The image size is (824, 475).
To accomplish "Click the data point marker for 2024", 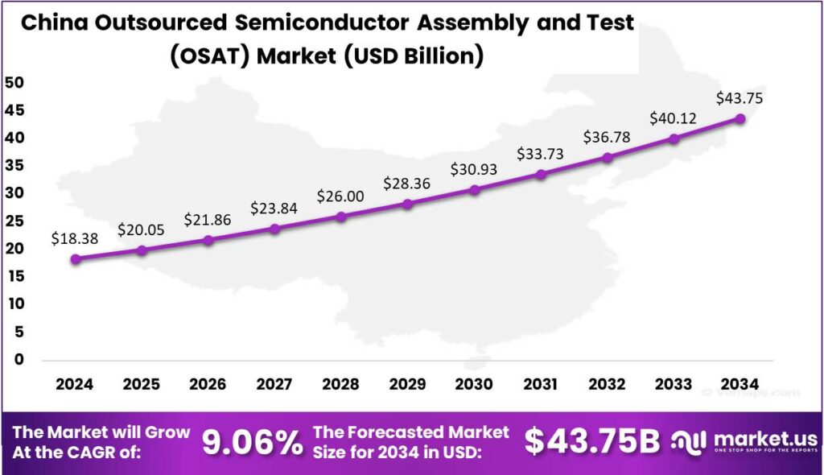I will point(75,259).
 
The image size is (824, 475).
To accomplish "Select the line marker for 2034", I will point(740,118).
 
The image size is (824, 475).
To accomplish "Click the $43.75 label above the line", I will point(740,99).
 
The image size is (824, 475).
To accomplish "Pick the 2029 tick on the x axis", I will point(408,384).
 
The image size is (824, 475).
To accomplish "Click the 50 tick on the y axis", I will point(17,82).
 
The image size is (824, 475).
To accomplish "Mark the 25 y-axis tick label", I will point(17,221).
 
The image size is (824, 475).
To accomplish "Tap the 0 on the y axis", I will point(17,360).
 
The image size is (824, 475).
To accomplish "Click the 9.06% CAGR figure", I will point(246,442).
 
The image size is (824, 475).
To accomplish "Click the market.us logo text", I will point(765,439).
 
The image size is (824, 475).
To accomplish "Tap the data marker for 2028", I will point(341,217).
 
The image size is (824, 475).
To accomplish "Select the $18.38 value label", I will point(75,238).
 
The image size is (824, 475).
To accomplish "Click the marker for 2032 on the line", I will point(608,158).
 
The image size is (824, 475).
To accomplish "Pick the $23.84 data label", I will point(274,209).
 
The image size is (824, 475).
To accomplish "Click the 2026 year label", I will point(208,384).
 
